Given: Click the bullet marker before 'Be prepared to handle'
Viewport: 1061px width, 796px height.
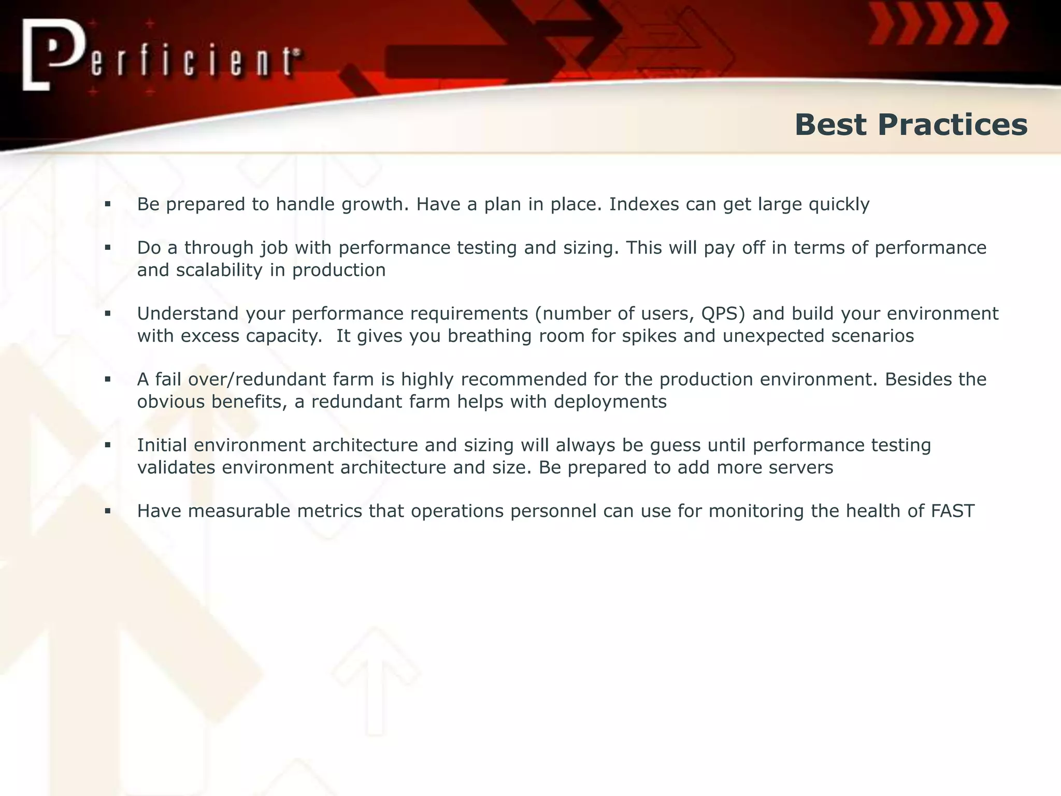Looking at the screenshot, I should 108,205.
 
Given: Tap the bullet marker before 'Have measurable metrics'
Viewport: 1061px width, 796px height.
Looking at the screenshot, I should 108,511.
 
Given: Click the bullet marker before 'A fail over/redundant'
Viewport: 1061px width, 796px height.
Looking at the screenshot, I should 108,380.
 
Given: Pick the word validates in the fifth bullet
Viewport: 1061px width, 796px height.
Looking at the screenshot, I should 176,467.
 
